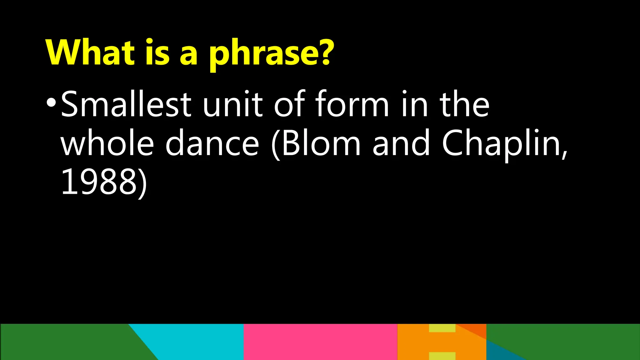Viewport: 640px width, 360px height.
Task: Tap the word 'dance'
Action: [212, 143]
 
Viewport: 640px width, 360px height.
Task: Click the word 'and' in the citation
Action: [401, 143]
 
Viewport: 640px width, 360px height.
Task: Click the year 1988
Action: [99, 182]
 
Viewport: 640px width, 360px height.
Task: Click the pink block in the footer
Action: [320, 342]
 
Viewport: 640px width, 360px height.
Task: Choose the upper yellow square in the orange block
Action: [442, 328]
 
